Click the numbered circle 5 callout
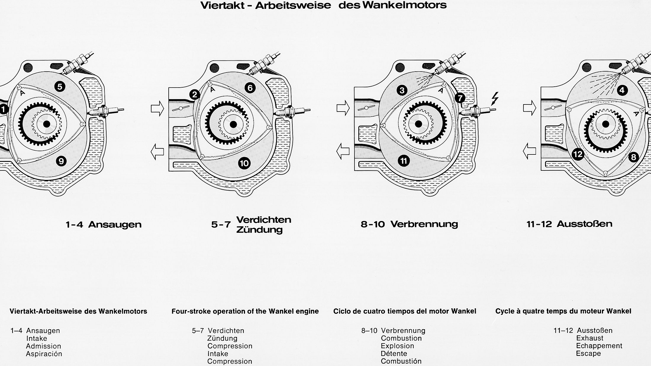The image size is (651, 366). pyautogui.click(x=60, y=87)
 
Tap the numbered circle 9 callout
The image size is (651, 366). pyautogui.click(x=61, y=161)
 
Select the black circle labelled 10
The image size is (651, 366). pyautogui.click(x=244, y=163)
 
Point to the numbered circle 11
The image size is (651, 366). pyautogui.click(x=404, y=161)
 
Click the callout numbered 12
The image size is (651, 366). pyautogui.click(x=578, y=154)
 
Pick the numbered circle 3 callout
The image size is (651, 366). pyautogui.click(x=402, y=90)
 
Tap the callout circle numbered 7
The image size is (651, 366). pyautogui.click(x=460, y=98)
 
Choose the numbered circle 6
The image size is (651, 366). pyautogui.click(x=250, y=88)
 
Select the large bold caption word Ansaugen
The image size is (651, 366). pyautogui.click(x=115, y=225)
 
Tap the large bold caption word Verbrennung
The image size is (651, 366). pyautogui.click(x=424, y=224)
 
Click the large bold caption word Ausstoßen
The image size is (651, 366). pyautogui.click(x=584, y=224)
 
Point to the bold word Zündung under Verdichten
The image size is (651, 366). pyautogui.click(x=260, y=230)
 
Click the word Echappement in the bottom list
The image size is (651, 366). pyautogui.click(x=599, y=346)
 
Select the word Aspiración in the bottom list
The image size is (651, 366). pyautogui.click(x=44, y=354)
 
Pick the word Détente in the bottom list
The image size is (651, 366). pyautogui.click(x=394, y=354)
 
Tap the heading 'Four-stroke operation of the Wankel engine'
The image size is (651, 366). pyautogui.click(x=245, y=311)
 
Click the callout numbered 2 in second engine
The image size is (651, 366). pyautogui.click(x=195, y=95)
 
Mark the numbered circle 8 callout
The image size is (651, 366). pyautogui.click(x=633, y=157)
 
